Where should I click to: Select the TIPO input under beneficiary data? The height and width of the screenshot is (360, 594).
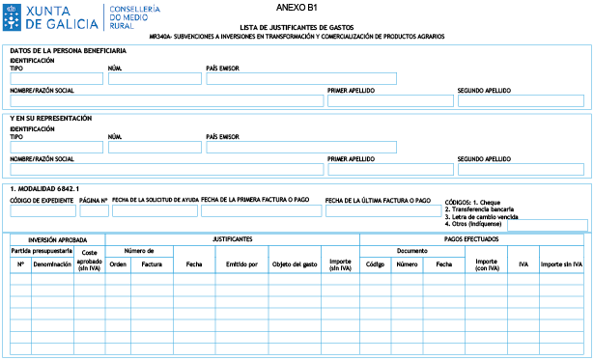[x=55, y=79]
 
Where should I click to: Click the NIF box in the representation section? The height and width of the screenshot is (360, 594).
[x=154, y=148]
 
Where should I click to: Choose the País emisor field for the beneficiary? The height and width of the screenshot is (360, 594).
[x=300, y=79]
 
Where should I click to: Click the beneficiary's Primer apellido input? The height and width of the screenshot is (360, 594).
[x=389, y=100]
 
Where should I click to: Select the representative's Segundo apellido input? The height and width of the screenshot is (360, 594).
[x=521, y=169]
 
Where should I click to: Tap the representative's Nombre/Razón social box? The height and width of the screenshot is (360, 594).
[x=166, y=169]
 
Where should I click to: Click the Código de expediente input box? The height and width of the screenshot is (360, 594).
[x=42, y=211]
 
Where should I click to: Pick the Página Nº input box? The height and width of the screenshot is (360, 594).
[x=94, y=211]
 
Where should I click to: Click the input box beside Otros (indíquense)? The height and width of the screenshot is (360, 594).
[x=547, y=226]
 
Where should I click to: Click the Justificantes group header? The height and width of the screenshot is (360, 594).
[x=232, y=238]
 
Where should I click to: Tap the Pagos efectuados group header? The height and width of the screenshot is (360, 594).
[x=475, y=238]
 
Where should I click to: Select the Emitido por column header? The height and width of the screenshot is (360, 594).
[x=241, y=263]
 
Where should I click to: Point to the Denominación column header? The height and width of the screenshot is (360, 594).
[x=52, y=263]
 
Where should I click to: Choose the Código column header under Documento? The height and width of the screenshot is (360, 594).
[x=375, y=263]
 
